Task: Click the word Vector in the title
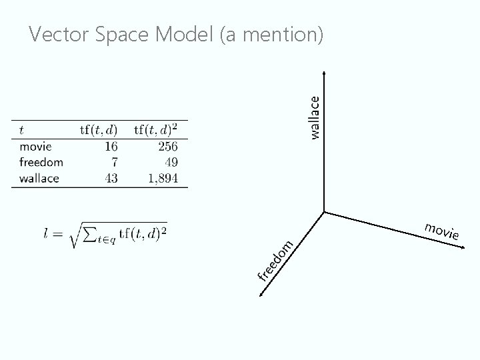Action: [x=60, y=35]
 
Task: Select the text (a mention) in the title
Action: [x=271, y=35]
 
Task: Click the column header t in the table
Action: [x=23, y=129]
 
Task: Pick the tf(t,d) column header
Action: [x=99, y=129]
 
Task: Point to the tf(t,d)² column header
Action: [x=160, y=129]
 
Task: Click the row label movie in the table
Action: [x=36, y=146]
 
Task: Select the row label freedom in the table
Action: [x=41, y=162]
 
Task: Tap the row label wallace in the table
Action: [x=39, y=178]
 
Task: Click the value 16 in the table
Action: [x=111, y=146]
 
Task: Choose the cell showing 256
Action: [x=168, y=146]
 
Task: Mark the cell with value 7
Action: [x=114, y=162]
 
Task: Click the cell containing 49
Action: [x=171, y=162]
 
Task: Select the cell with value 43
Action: [x=111, y=178]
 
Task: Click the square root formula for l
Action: [x=107, y=235]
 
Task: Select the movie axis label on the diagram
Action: [x=442, y=231]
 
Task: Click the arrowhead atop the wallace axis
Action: [x=324, y=73]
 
